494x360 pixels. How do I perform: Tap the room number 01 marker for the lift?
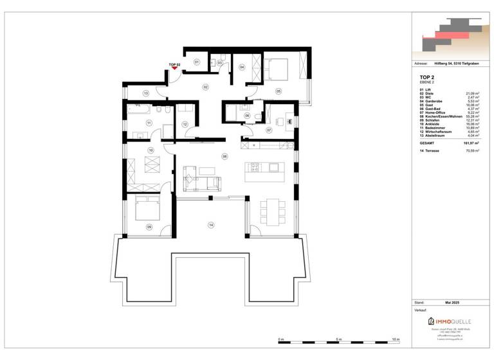point(197,62)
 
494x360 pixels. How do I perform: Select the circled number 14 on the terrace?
point(210,224)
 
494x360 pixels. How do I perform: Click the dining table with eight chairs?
point(270,210)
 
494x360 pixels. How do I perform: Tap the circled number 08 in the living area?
point(224,156)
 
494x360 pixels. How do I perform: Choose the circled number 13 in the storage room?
point(146,94)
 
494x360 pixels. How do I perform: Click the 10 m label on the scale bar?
point(396,339)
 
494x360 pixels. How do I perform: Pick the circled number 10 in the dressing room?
point(151,150)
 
